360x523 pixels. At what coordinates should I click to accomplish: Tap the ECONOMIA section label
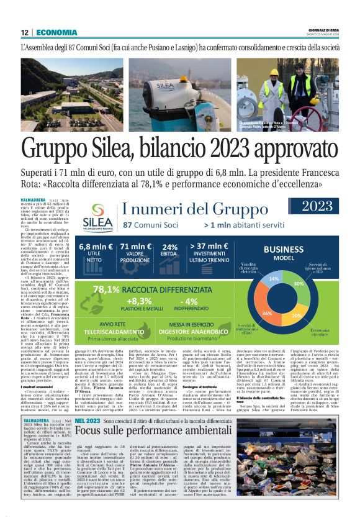pyautogui.click(x=56, y=32)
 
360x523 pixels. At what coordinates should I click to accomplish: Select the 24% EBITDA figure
pyautogui.click(x=169, y=247)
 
